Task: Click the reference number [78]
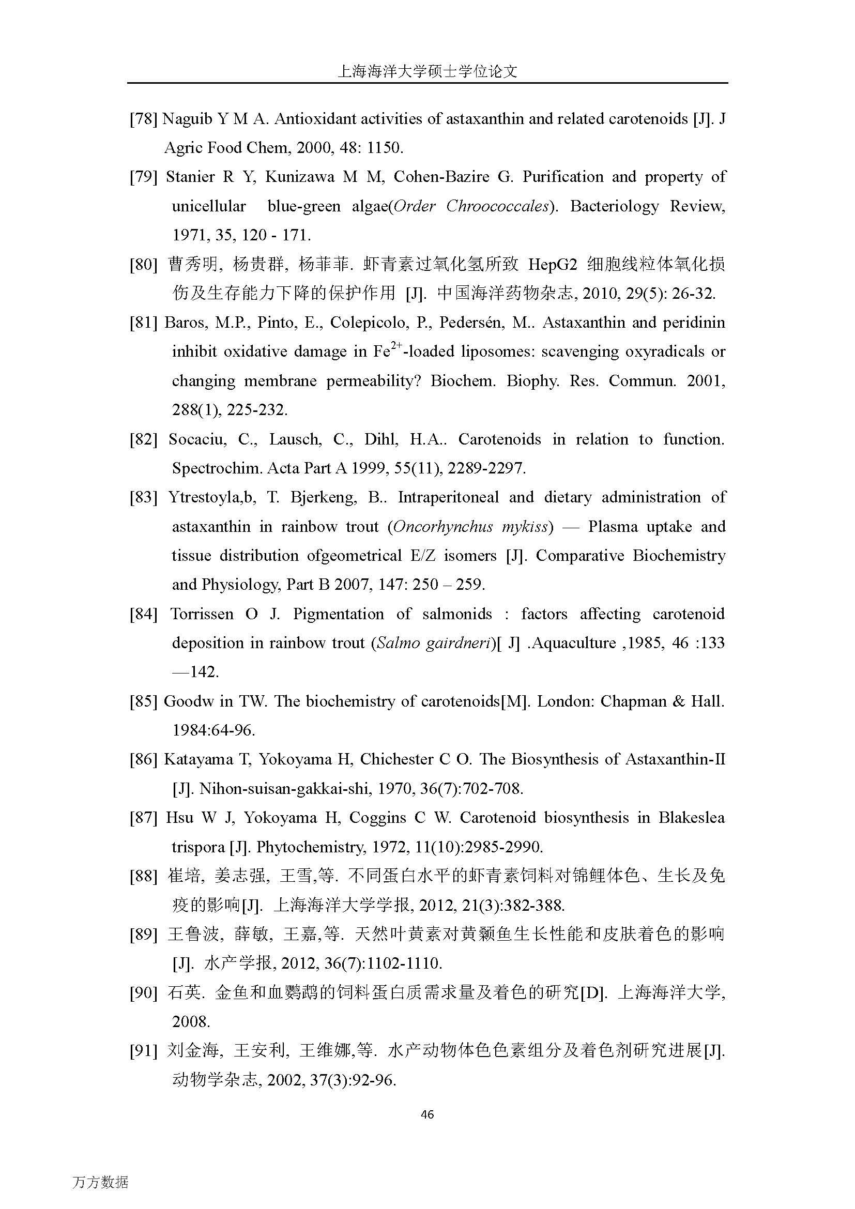pos(143,119)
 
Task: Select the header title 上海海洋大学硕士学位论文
pos(427,72)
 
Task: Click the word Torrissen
pos(202,614)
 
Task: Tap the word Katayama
pos(198,759)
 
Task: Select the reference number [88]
pos(143,876)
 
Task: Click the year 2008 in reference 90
pos(191,1021)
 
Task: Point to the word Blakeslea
pos(691,818)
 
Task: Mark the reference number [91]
pos(143,1051)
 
